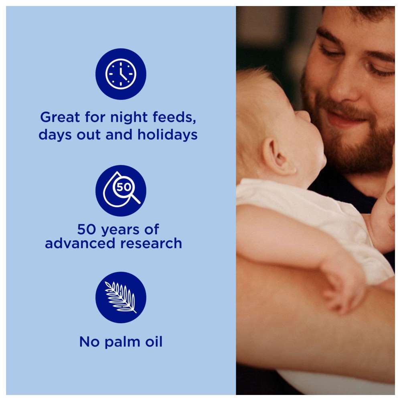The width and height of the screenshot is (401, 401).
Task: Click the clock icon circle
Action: [x=121, y=74]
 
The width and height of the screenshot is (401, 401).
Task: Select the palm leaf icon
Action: [x=121, y=297]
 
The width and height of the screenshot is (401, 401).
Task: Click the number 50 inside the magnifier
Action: [x=124, y=187]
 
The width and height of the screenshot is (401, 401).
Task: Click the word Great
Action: [x=60, y=117]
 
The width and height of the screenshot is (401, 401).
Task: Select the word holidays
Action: [x=168, y=135]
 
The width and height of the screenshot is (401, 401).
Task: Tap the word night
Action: [x=129, y=117]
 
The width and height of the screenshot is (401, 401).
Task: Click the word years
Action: [x=120, y=230]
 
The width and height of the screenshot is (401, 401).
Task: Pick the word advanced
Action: [x=80, y=243]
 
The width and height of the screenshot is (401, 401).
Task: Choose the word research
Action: [x=151, y=243]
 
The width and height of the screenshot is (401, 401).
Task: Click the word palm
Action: [x=122, y=342]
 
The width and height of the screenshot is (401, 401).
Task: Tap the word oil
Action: [x=154, y=341]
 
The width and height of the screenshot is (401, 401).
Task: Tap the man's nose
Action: [x=341, y=84]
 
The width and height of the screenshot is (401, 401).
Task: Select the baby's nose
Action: [x=304, y=115]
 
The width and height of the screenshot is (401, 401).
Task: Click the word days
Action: [x=55, y=135]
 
